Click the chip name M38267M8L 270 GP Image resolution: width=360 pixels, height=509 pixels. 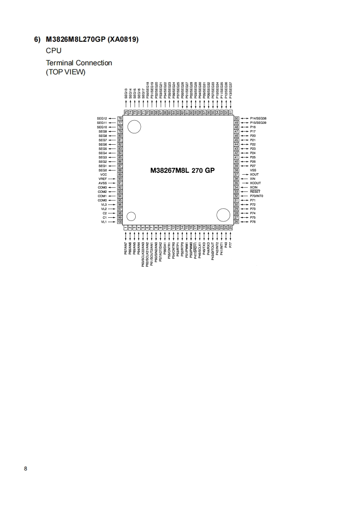coord(182,171)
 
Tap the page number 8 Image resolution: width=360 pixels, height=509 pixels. coord(25,469)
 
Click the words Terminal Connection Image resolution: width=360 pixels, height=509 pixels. coord(79,63)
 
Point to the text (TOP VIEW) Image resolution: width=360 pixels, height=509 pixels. coord(65,72)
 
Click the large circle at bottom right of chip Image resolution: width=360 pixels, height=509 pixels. coord(223,215)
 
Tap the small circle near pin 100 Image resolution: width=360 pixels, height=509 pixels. coord(131,216)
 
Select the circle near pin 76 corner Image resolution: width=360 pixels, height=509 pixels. coord(134,127)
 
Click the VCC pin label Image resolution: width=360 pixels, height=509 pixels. coord(103,175)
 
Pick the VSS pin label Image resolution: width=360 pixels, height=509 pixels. coord(253,170)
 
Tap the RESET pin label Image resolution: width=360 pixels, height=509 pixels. coord(255,191)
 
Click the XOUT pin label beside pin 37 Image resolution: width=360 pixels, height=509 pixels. coord(254,174)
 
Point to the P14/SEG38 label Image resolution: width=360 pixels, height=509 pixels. coord(258,118)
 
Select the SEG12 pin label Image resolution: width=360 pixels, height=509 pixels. coord(102,118)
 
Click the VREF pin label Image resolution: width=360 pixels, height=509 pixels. coord(102,179)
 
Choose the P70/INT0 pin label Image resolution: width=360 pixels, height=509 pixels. coord(256,196)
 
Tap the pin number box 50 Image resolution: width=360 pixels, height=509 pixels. coord(237,118)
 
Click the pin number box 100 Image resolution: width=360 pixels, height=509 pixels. coord(120,222)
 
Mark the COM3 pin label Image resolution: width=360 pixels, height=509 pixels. coord(102,187)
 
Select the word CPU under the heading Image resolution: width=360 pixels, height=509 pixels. coord(54,51)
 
